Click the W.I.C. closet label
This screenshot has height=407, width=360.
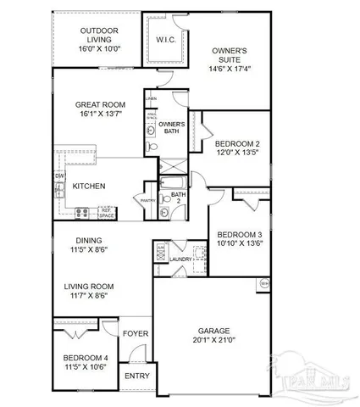[x=164, y=40]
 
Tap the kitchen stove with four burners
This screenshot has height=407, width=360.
[x=83, y=212]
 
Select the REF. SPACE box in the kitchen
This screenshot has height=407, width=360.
[x=108, y=212]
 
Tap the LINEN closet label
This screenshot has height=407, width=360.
[x=151, y=99]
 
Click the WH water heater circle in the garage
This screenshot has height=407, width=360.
[x=264, y=282]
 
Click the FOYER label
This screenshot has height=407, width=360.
[x=136, y=333]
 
